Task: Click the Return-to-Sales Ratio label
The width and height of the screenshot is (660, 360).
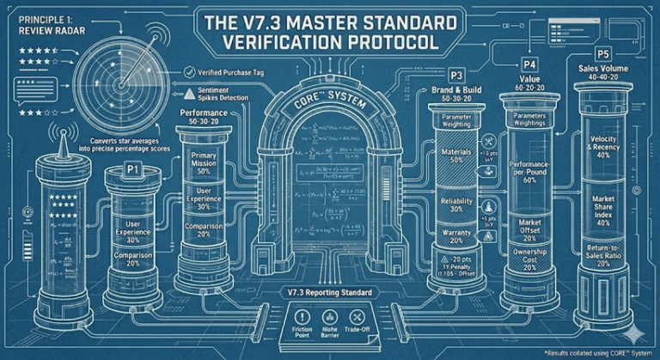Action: point(608,255)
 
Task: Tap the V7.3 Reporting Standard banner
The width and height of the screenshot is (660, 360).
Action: point(330,294)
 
